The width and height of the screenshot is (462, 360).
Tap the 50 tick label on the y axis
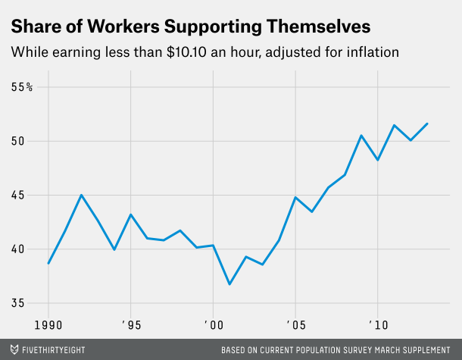pos(18,141)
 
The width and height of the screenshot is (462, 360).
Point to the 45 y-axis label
pos(18,195)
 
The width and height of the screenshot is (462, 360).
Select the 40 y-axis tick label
pos(18,249)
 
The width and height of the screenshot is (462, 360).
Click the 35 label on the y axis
pos(18,303)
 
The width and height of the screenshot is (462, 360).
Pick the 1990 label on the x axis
pos(48,324)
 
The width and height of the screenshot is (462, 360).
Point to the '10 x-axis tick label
pos(376,324)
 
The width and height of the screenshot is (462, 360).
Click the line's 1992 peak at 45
pos(81,195)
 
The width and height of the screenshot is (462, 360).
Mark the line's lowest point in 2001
pos(229,284)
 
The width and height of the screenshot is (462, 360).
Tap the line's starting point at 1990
pos(48,263)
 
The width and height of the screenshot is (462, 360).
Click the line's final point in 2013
pos(427,124)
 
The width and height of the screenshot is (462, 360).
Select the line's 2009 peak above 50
pos(361,136)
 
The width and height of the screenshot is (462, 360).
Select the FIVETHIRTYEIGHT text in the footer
pos(54,350)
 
